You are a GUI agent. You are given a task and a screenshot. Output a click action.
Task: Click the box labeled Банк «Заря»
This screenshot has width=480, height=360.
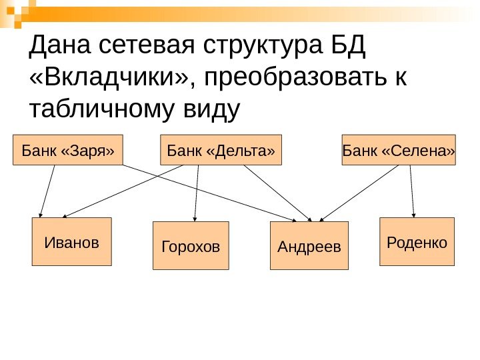pos(68,150)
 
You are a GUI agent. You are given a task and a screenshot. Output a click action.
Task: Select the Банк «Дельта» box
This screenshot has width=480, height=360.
pos(221,150)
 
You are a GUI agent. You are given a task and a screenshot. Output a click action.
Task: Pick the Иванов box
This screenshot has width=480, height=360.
pos(72,241)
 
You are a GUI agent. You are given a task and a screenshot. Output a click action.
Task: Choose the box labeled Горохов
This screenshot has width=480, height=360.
pos(191,245)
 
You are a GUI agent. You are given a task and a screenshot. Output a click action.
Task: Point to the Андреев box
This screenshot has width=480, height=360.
pos(309,245)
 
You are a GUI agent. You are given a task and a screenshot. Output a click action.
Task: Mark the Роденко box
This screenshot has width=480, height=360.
pos(417,241)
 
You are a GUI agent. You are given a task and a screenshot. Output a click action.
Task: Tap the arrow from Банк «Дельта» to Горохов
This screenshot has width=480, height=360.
pos(197,193)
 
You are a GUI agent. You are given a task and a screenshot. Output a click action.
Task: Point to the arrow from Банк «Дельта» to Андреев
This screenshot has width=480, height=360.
pos(277,193)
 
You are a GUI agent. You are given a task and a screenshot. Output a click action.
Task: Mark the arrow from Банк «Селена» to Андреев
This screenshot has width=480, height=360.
pos(360,193)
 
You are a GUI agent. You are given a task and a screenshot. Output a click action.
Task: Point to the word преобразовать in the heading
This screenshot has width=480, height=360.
pos(296,79)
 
